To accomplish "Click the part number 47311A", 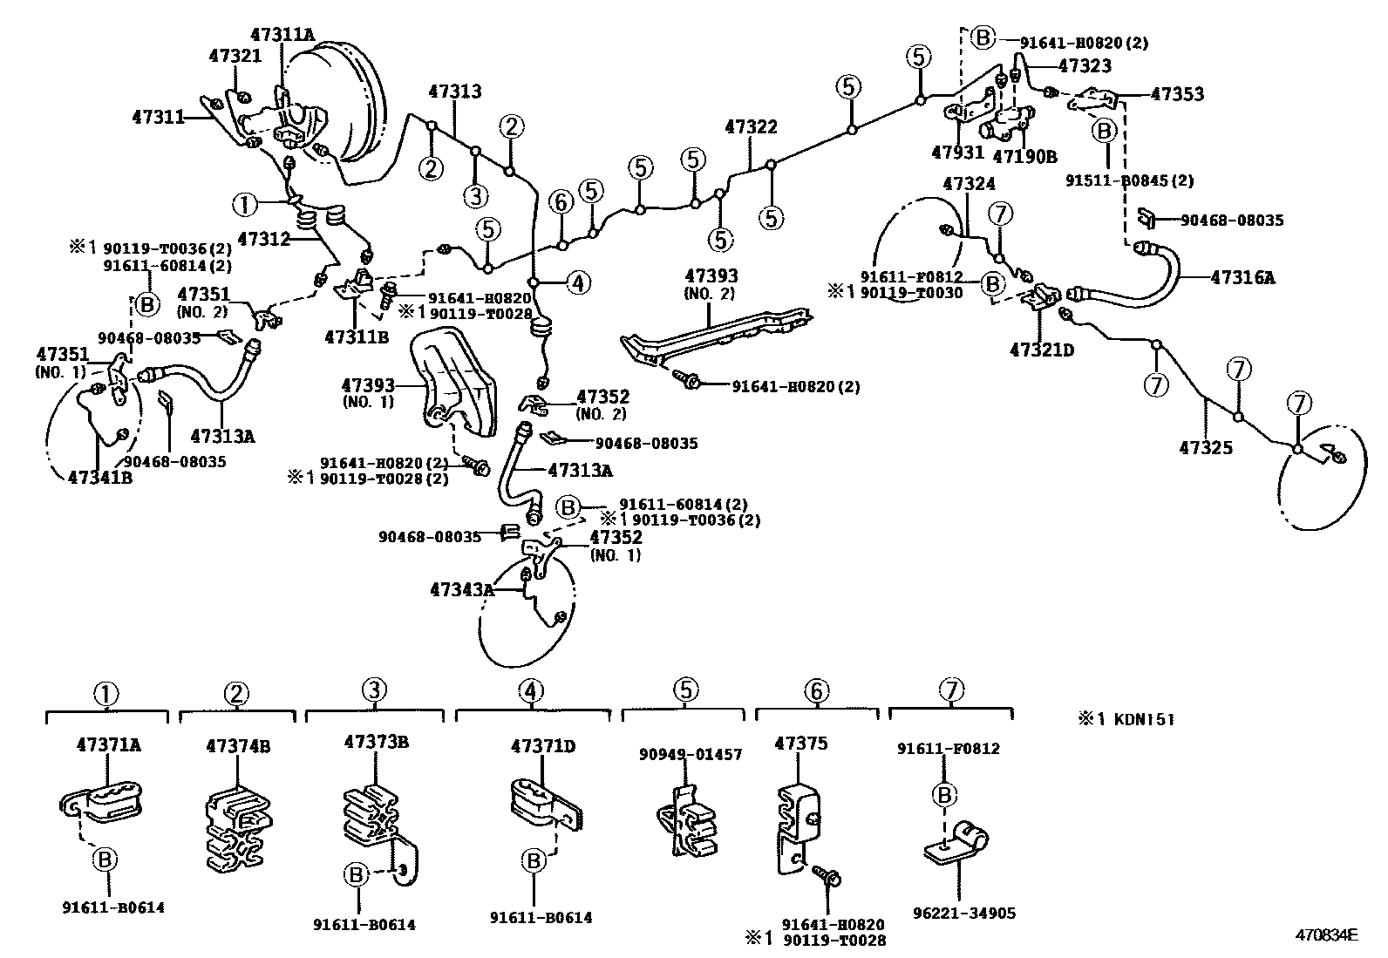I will [x=282, y=35].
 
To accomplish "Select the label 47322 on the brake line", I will [x=751, y=127].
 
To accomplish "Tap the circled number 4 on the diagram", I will [x=578, y=282].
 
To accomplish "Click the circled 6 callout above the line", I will [x=561, y=203].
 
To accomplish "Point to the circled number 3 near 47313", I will [x=475, y=195].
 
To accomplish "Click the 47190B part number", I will [x=1025, y=157].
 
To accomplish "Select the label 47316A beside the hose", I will [x=1242, y=278].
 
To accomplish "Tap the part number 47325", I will [x=1206, y=449].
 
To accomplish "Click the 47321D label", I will [x=1042, y=350].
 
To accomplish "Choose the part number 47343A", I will [x=462, y=590].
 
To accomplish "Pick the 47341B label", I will [x=100, y=477].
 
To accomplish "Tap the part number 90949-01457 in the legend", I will [x=690, y=754].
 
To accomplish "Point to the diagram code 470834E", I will [x=1326, y=936].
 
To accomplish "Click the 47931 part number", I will [x=957, y=152].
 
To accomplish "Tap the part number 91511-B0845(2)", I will [x=1129, y=180].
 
